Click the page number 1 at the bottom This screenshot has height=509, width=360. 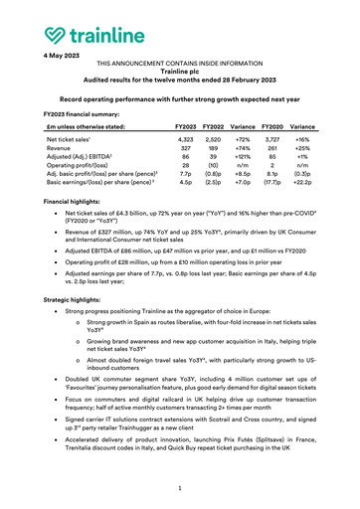point(180,488)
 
